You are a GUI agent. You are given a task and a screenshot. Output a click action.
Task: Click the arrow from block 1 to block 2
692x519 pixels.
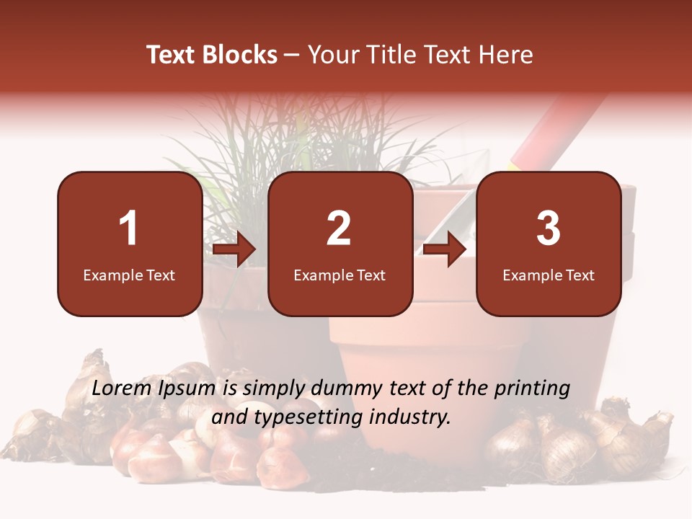[235, 249]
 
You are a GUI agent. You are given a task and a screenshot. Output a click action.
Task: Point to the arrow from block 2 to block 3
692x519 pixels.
[445, 249]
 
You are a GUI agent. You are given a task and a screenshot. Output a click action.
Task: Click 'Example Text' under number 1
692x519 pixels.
[129, 275]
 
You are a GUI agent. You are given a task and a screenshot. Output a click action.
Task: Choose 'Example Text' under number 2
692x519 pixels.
[340, 275]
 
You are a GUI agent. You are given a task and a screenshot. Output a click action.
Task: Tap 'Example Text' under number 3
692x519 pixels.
[549, 275]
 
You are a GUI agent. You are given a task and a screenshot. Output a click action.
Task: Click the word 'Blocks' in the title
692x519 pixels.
[241, 55]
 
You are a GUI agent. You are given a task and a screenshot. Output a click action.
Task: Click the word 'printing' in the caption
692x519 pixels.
[532, 389]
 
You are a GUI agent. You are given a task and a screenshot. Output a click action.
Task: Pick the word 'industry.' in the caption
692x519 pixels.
[412, 416]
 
